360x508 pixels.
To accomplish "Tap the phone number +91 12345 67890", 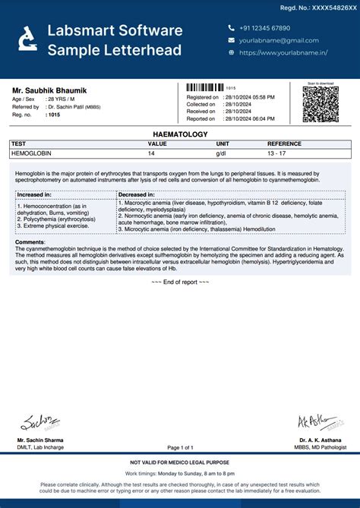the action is pos(264,28).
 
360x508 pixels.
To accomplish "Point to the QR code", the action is pos(320,105).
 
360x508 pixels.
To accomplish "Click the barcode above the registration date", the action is pos(205,88).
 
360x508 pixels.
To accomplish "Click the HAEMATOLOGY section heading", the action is pos(180,134).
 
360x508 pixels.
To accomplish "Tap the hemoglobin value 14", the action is pos(151,153).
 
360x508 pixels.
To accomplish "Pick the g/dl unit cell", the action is pos(221,153).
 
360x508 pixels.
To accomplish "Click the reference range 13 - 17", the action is pos(277,153).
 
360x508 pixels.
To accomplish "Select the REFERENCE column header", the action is pos(284,144).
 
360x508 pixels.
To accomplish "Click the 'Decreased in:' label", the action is pos(137,194).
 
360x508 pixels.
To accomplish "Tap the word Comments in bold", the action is pos(30,242).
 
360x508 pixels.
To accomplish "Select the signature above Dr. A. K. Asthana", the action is pos(313,421).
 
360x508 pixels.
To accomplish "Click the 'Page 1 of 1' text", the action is pos(180,447).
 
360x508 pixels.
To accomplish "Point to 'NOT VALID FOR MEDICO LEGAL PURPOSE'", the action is pos(180,462).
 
